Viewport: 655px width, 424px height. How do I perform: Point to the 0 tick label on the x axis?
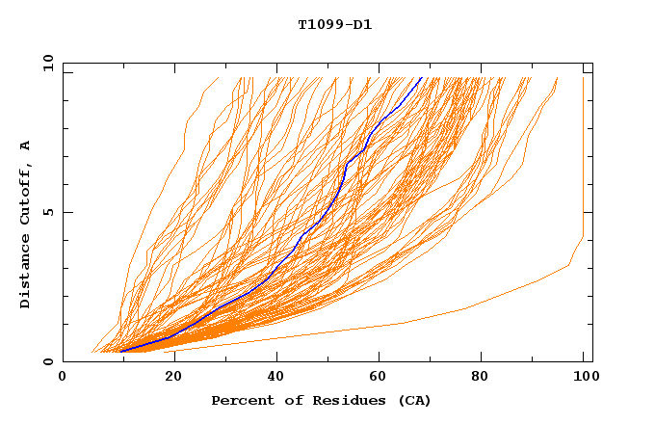(63, 377)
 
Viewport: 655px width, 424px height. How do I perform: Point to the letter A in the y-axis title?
(26, 146)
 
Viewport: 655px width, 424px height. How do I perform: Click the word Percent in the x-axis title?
(241, 400)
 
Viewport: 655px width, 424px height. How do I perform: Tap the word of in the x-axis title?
(289, 400)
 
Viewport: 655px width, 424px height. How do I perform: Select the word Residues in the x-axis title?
(341, 400)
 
